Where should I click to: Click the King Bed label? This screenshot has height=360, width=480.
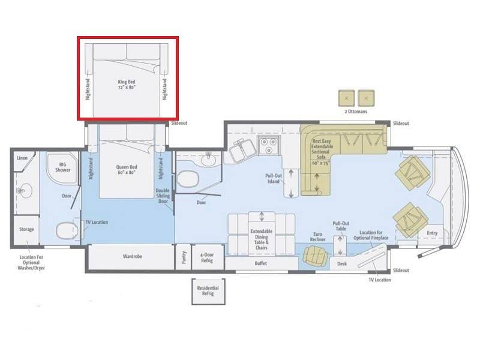coord(127,85)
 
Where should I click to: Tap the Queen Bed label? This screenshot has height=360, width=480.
coord(127,170)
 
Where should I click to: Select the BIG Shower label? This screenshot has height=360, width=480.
coord(63,167)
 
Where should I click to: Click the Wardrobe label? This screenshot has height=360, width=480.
coord(133,256)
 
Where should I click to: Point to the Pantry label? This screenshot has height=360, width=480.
coord(184,257)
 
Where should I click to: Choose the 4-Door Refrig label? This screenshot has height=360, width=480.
coord(207,257)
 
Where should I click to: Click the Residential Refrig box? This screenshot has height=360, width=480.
coord(208,291)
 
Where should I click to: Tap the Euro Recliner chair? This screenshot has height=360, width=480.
coord(316,256)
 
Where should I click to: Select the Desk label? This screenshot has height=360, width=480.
coord(342,263)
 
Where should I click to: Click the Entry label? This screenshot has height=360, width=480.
coord(432,233)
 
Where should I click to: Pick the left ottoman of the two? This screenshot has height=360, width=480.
coord(346,98)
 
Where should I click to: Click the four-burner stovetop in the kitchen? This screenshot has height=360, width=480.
coord(269,146)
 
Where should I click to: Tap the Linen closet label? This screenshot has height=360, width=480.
coord(22,158)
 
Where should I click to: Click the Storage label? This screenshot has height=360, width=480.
coord(26,229)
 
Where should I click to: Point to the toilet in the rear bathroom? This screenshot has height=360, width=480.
coord(67,230)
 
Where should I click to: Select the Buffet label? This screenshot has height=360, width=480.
coord(261,263)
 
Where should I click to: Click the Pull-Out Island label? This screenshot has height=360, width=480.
coord(274,178)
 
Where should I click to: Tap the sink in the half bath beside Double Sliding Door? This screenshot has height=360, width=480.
coord(209,159)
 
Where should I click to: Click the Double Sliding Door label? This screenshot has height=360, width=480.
coord(163,196)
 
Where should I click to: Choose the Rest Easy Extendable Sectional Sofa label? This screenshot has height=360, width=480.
coord(321,152)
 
